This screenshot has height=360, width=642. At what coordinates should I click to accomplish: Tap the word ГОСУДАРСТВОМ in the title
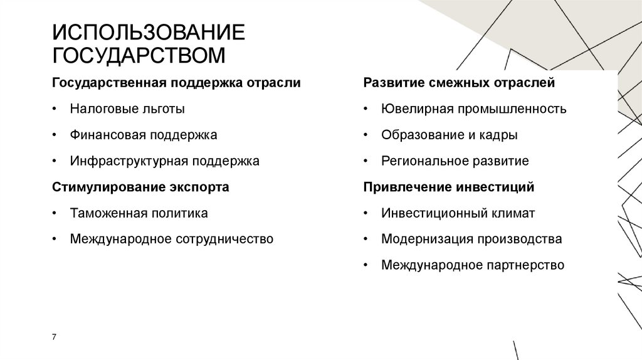click(139, 55)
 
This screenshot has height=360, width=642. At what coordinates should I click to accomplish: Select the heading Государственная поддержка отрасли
click(176, 83)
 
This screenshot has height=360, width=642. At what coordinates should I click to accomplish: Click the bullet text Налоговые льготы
click(127, 109)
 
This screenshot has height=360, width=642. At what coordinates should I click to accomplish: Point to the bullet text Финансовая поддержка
click(144, 135)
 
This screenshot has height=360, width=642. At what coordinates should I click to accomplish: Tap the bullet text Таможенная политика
click(139, 213)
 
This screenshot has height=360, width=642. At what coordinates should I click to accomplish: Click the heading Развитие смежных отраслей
click(459, 83)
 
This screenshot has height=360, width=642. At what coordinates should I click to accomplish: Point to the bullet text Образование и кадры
click(449, 135)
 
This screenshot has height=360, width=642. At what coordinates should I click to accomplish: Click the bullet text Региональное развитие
click(455, 161)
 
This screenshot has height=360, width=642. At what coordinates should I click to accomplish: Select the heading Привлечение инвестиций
click(449, 187)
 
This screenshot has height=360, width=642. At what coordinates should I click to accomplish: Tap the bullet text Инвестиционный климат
click(458, 213)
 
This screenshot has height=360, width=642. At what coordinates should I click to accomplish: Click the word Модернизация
click(426, 239)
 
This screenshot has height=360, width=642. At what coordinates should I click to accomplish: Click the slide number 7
click(55, 337)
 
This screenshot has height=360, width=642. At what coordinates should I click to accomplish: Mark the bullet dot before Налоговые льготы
click(56, 109)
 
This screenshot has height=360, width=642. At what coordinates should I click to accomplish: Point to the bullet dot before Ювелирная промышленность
click(366, 109)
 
